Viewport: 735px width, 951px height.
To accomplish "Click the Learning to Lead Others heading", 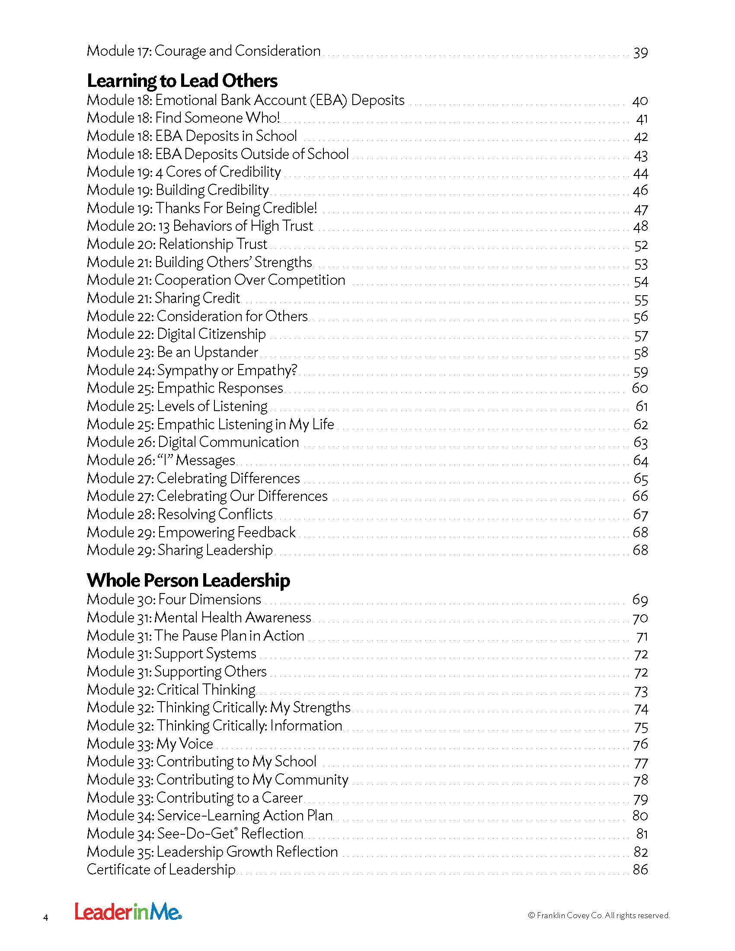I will click(182, 81).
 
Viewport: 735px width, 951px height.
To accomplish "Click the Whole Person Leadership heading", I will click(188, 581).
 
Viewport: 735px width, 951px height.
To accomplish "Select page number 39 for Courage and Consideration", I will click(640, 52).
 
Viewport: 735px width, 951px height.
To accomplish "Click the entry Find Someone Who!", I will click(183, 118).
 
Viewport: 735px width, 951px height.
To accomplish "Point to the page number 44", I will click(640, 173).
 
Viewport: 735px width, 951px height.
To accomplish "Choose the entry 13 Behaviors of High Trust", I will click(200, 226).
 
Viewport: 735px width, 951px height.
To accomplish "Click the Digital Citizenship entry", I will click(176, 334).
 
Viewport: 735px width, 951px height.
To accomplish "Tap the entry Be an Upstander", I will click(173, 352).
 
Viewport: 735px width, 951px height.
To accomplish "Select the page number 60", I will click(639, 388).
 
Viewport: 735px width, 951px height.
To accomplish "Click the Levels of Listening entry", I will click(177, 406).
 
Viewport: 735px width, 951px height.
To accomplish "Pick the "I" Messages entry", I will click(161, 460).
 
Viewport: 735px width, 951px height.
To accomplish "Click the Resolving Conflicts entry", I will click(180, 514).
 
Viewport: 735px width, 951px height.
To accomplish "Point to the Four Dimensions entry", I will click(174, 600).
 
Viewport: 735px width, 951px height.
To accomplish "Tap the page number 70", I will click(640, 618).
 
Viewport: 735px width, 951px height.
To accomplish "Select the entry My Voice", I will click(150, 744).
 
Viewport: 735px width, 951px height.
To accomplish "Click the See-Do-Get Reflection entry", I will click(195, 833).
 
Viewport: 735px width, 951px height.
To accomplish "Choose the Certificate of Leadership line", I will click(161, 870).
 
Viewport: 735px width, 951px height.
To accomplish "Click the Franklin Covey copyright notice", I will click(599, 915).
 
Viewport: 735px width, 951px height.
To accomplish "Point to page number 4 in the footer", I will click(46, 918).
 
